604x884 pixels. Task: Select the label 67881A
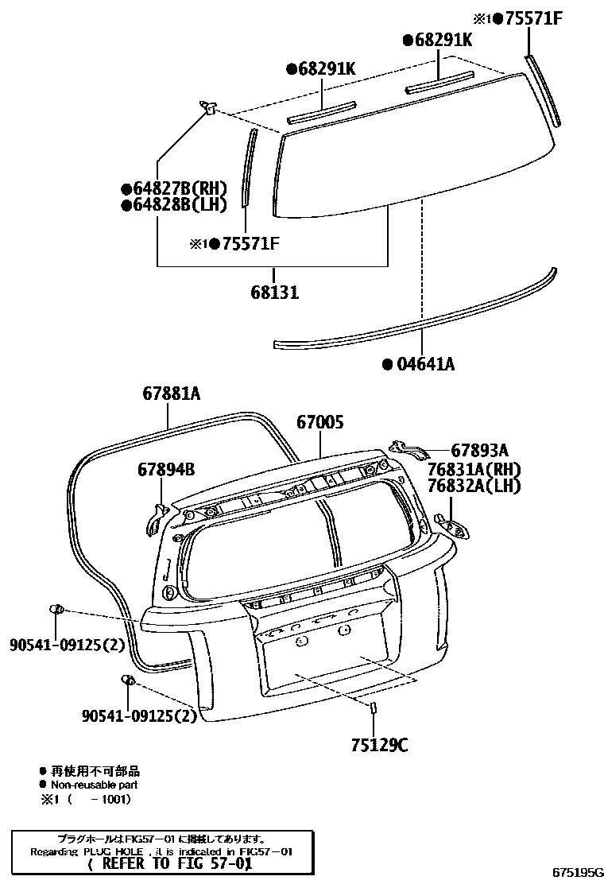172,393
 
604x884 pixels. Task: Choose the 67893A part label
479,450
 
